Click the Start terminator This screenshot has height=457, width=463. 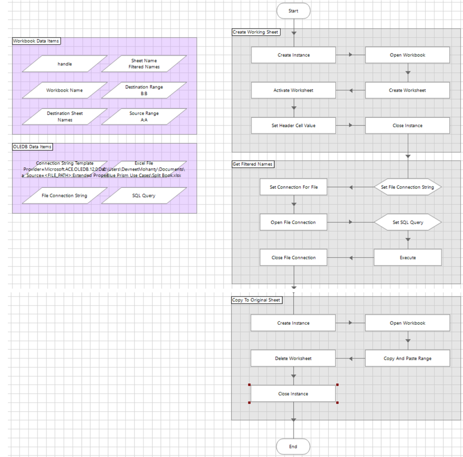pyautogui.click(x=293, y=11)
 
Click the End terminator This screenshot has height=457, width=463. pyautogui.click(x=293, y=446)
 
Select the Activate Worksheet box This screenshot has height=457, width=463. pyautogui.click(x=293, y=90)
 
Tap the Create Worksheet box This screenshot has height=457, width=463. pyautogui.click(x=407, y=90)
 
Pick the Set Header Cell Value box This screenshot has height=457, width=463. pyautogui.click(x=293, y=126)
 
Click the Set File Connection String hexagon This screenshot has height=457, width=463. pyautogui.click(x=407, y=187)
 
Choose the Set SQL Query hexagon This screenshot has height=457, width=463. pyautogui.click(x=407, y=223)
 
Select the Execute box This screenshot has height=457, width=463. pyautogui.click(x=407, y=257)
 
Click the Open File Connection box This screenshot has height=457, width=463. pyautogui.click(x=293, y=223)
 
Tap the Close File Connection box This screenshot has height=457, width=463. pyautogui.click(x=293, y=257)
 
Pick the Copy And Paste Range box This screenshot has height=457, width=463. pyautogui.click(x=407, y=358)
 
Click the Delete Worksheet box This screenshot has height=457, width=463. pyautogui.click(x=293, y=358)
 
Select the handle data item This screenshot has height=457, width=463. pyautogui.click(x=65, y=64)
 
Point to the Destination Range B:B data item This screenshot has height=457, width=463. pyautogui.click(x=144, y=90)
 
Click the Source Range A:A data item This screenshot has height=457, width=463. pyautogui.click(x=144, y=116)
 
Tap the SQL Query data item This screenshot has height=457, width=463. pyautogui.click(x=144, y=196)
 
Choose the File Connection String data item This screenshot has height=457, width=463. pyautogui.click(x=64, y=196)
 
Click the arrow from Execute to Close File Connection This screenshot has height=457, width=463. pyautogui.click(x=351, y=257)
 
